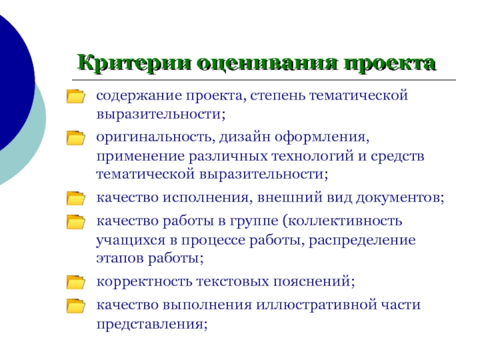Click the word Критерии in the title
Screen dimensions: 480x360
pos(134,63)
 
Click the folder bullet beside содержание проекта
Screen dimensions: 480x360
pos(76,96)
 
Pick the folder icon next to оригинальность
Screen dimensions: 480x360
pos(76,138)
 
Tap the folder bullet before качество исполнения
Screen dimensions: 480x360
pos(76,198)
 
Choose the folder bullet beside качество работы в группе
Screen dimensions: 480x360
pos(76,222)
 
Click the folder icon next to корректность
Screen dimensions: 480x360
pos(76,282)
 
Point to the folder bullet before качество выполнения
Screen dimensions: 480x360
pos(76,306)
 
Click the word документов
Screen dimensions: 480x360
pos(400,198)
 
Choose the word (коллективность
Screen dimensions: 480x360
pos(342,221)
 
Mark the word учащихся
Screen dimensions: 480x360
pos(131,241)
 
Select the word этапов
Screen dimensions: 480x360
pos(120,259)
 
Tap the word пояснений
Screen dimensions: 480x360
pos(314,281)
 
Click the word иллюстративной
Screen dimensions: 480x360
pos(317,305)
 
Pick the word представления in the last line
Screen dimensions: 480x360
pos(152,325)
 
